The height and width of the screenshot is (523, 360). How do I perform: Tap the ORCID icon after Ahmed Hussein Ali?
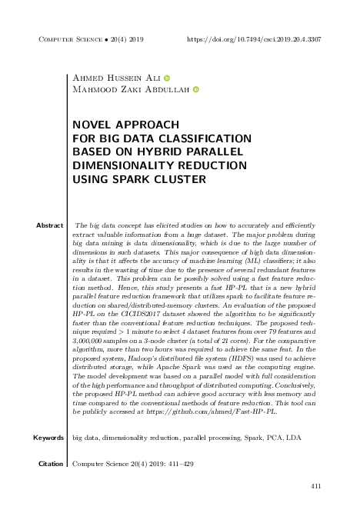coord(167,78)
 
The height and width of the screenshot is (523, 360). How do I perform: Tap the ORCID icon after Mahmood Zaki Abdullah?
coord(195,90)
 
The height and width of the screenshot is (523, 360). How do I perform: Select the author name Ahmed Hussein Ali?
coord(115,78)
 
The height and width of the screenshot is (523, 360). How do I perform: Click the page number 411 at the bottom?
coord(315,486)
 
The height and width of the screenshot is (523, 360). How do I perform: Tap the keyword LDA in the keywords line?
coord(295,438)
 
